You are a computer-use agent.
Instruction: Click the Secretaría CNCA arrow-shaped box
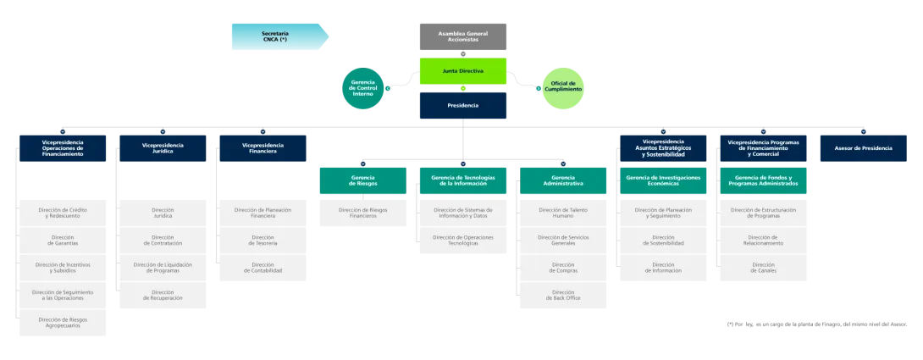click(280, 36)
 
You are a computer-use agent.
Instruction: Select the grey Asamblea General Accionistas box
click(462, 36)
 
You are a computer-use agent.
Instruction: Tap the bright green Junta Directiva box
click(462, 70)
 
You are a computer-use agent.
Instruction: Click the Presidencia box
click(462, 106)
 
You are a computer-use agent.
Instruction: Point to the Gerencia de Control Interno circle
click(363, 88)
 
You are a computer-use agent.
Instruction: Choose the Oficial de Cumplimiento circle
click(563, 88)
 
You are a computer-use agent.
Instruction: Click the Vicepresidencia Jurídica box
click(163, 148)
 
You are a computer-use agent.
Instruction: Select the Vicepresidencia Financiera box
click(263, 148)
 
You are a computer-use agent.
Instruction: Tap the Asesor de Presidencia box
click(864, 148)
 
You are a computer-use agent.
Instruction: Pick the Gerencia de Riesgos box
click(363, 180)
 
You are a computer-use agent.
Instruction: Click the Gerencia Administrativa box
click(563, 180)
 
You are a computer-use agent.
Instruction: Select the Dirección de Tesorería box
click(263, 241)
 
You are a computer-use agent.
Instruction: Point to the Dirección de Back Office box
click(563, 295)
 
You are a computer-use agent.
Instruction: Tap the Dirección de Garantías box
click(63, 241)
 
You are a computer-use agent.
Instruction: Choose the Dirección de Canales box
click(764, 268)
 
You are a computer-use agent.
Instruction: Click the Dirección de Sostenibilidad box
click(663, 241)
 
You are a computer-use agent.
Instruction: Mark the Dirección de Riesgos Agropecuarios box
click(63, 323)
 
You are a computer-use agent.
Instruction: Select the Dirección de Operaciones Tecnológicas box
click(462, 241)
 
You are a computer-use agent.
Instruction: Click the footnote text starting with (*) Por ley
click(817, 324)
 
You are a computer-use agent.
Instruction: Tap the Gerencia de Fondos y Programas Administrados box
click(764, 180)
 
